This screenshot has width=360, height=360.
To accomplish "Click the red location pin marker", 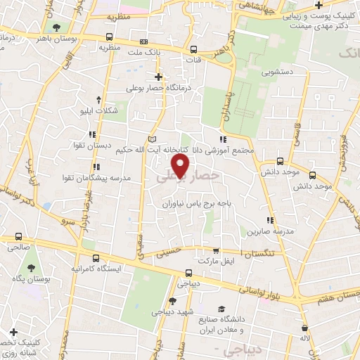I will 181,165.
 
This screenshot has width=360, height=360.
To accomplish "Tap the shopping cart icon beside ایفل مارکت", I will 216,250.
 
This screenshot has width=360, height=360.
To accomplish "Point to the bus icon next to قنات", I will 193,49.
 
